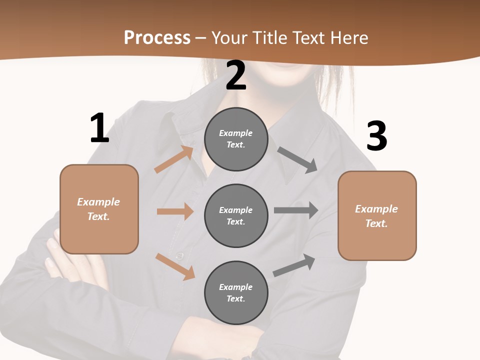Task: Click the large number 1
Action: tap(99, 128)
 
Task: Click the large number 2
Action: tap(236, 75)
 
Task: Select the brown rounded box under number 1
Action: tap(99, 209)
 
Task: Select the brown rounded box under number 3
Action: tap(377, 216)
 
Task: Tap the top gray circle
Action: tap(236, 139)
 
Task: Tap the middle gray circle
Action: tap(236, 216)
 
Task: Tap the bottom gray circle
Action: tap(236, 293)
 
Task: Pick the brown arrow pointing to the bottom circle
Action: tap(175, 266)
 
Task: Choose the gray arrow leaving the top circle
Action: tap(297, 159)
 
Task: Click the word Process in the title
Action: tap(157, 37)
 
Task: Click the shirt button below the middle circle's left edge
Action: tap(179, 256)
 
